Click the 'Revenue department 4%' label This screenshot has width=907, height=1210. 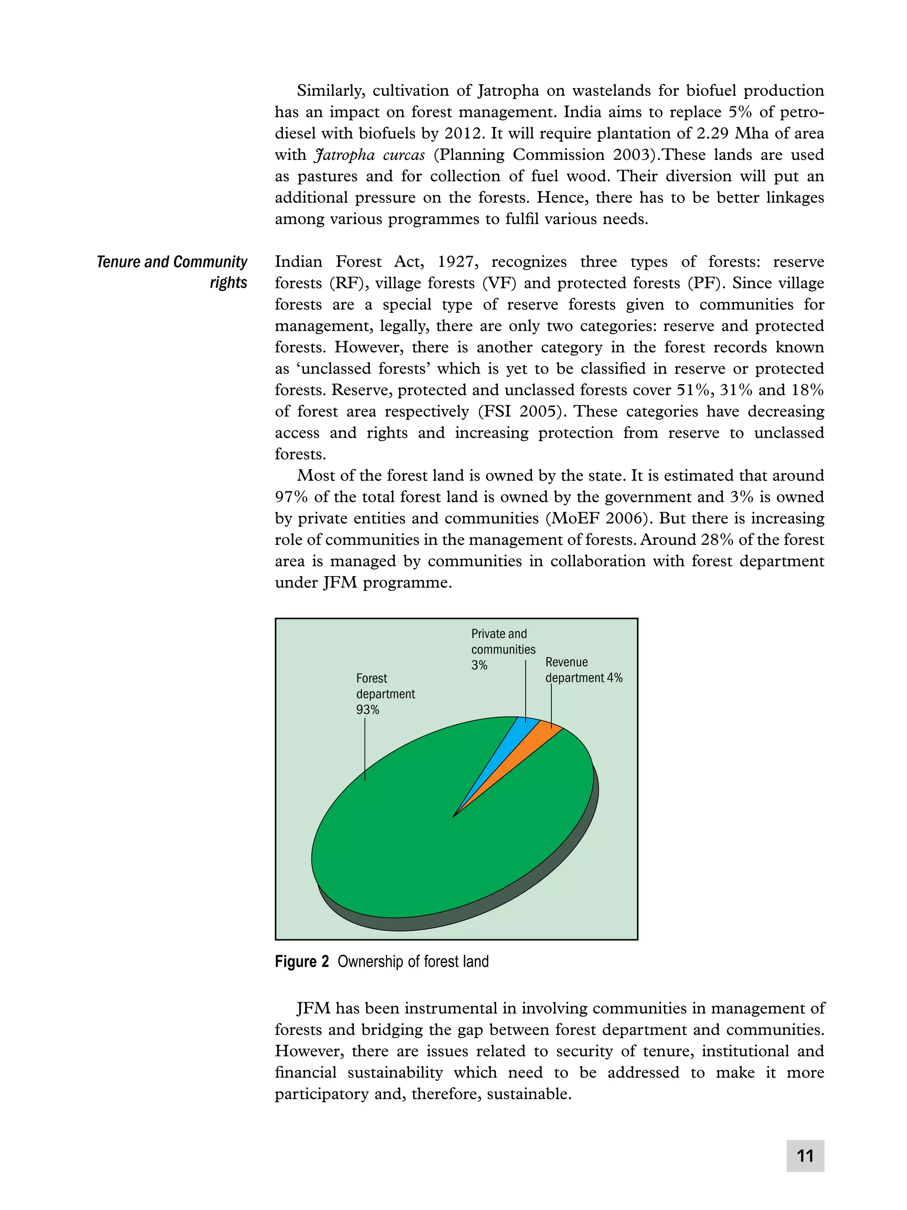click(x=583, y=670)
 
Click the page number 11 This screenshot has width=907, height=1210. click(x=805, y=1156)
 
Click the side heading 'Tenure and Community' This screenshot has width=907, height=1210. click(x=172, y=261)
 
